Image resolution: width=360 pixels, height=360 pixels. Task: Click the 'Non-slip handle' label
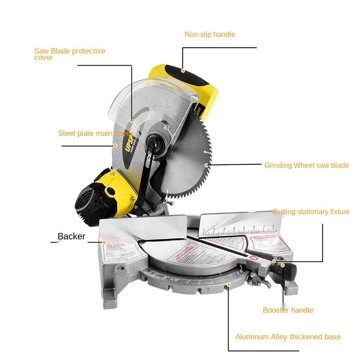tap(210, 34)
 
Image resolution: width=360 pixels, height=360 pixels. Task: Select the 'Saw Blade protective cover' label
tap(70, 54)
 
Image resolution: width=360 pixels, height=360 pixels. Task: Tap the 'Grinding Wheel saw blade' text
tap(306, 165)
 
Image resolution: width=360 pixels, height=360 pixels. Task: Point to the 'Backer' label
tap(71, 236)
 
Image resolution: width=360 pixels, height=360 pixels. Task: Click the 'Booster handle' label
tap(288, 310)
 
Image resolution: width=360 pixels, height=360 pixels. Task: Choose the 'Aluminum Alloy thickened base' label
tap(288, 337)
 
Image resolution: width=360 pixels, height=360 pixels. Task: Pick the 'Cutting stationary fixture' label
tap(311, 211)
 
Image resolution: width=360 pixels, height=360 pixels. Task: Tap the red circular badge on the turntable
tap(253, 258)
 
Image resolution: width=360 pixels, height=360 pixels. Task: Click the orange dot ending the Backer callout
tap(104, 242)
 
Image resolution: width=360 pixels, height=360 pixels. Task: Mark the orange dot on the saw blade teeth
tap(207, 165)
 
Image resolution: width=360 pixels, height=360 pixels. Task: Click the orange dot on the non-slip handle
tap(183, 70)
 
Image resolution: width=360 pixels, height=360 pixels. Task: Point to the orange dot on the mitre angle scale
tap(229, 284)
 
